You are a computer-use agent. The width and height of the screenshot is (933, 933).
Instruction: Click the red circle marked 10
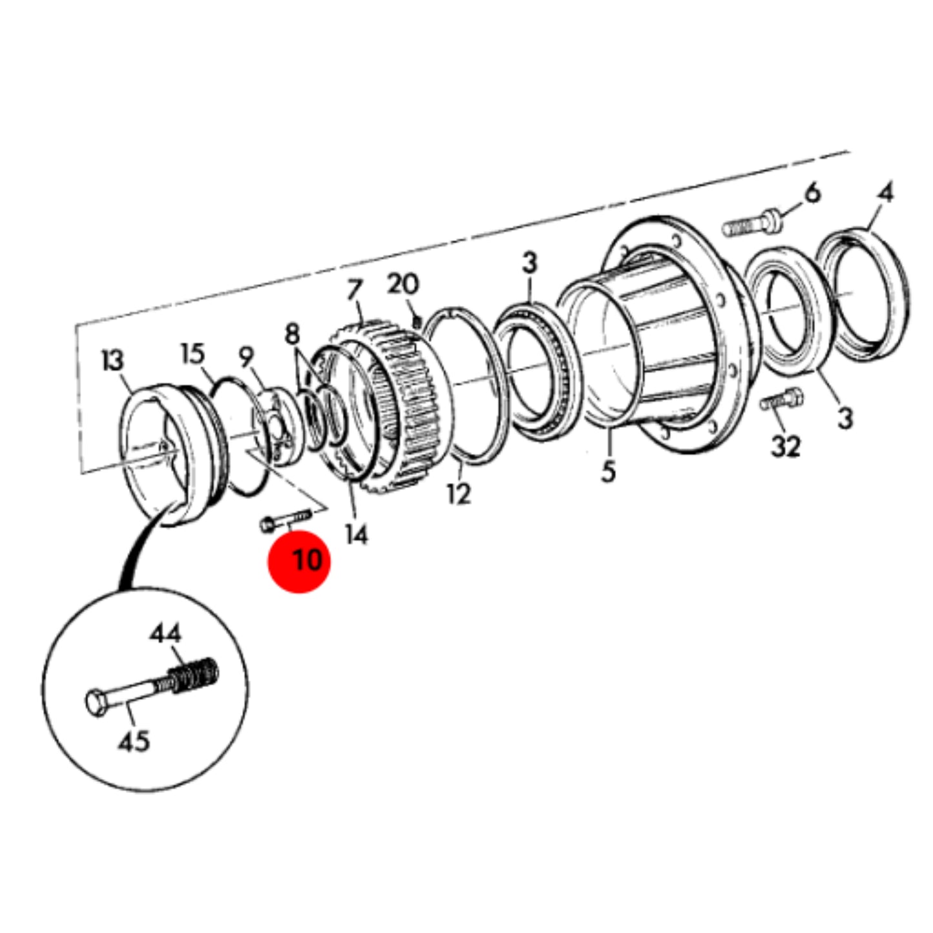[x=299, y=561]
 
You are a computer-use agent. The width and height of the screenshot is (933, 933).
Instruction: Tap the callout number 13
[x=113, y=361]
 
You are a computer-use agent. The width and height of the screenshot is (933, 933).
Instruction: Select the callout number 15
[x=192, y=354]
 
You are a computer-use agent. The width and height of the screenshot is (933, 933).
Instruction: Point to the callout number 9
[x=246, y=357]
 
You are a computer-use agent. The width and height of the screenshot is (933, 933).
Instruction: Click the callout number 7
[x=354, y=290]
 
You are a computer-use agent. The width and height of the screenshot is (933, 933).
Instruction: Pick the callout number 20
[x=403, y=283]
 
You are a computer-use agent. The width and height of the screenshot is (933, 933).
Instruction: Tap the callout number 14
[x=357, y=535]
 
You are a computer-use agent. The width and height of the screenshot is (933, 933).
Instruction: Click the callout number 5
[x=608, y=471]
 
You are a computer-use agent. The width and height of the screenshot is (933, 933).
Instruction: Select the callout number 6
[x=813, y=192]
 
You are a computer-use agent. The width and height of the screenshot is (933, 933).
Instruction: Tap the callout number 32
[x=786, y=446]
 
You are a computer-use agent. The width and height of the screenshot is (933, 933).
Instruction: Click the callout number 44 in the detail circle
[x=165, y=634]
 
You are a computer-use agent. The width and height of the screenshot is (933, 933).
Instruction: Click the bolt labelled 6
[x=752, y=223]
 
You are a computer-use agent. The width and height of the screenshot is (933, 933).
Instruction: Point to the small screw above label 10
[x=285, y=519]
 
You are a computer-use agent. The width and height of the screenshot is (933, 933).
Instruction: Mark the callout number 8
[x=292, y=334]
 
